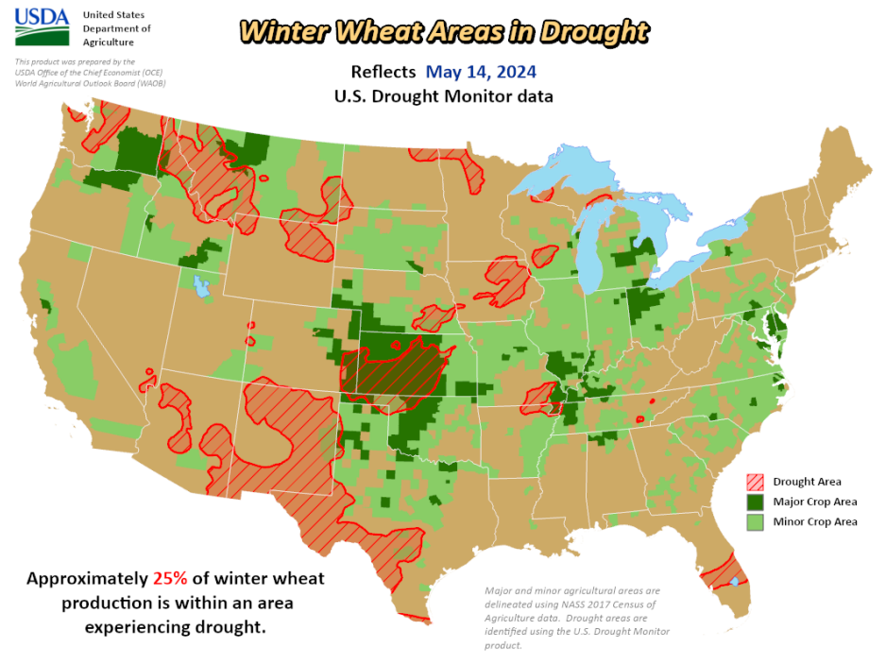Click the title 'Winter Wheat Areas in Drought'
pyautogui.click(x=444, y=31)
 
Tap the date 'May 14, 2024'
pyautogui.click(x=481, y=72)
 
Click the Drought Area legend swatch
pyautogui.click(x=756, y=482)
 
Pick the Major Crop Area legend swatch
pyautogui.click(x=756, y=502)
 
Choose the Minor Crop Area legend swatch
pyautogui.click(x=756, y=521)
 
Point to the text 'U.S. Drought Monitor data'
pyautogui.click(x=443, y=96)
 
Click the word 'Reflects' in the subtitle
pyautogui.click(x=383, y=72)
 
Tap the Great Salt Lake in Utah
pyautogui.click(x=199, y=283)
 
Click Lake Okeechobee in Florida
pyautogui.click(x=735, y=581)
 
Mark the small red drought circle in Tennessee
pyautogui.click(x=639, y=418)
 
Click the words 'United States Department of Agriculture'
pyautogui.click(x=116, y=28)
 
